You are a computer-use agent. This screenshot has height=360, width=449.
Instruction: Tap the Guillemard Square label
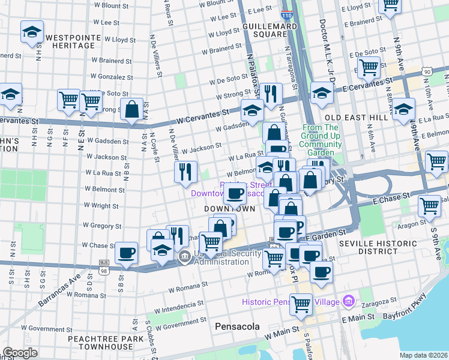(270, 31)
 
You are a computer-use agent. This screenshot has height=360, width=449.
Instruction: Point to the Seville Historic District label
(378, 248)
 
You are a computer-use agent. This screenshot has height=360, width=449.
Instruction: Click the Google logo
(20, 353)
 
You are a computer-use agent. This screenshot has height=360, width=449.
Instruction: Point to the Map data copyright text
(423, 355)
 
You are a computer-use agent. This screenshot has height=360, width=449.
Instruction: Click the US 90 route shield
(427, 71)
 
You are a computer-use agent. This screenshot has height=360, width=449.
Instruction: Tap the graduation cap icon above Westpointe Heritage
(32, 32)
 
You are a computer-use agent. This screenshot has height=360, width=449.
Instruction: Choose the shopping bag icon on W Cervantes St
(131, 110)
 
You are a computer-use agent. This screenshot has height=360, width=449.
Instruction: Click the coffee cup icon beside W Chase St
(126, 253)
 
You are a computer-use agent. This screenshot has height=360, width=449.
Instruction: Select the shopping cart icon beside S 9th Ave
(429, 206)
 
